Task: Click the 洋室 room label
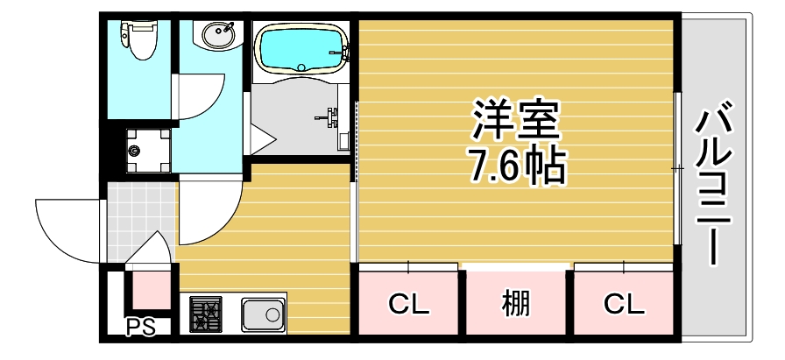point(516,121)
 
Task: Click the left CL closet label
point(409,305)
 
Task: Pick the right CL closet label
point(624,305)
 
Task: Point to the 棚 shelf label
point(516,305)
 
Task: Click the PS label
point(139,328)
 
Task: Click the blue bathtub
point(300,48)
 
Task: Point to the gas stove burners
point(207,314)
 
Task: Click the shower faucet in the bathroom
point(332,116)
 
